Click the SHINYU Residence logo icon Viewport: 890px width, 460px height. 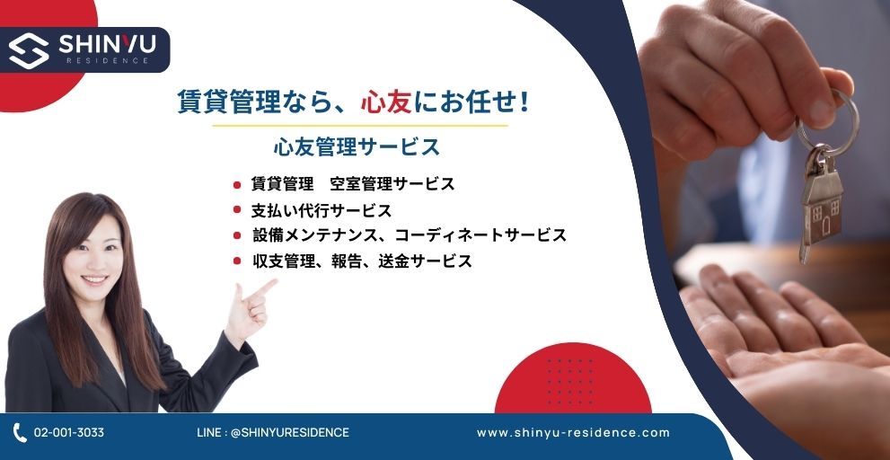point(29,50)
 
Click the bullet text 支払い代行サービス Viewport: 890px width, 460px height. point(322,211)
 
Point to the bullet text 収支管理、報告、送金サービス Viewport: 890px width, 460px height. point(362,261)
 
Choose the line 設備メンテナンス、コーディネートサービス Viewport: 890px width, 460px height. point(410,235)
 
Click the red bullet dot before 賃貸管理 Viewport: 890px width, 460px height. point(237,184)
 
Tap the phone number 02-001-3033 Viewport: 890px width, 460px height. point(68,432)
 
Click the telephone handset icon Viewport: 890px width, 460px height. point(19,433)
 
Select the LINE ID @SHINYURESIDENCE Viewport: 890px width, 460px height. point(290,432)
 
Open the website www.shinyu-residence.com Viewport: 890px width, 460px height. point(573,433)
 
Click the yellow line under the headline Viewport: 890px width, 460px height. point(360,126)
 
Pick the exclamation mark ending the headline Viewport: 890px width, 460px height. point(524,102)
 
